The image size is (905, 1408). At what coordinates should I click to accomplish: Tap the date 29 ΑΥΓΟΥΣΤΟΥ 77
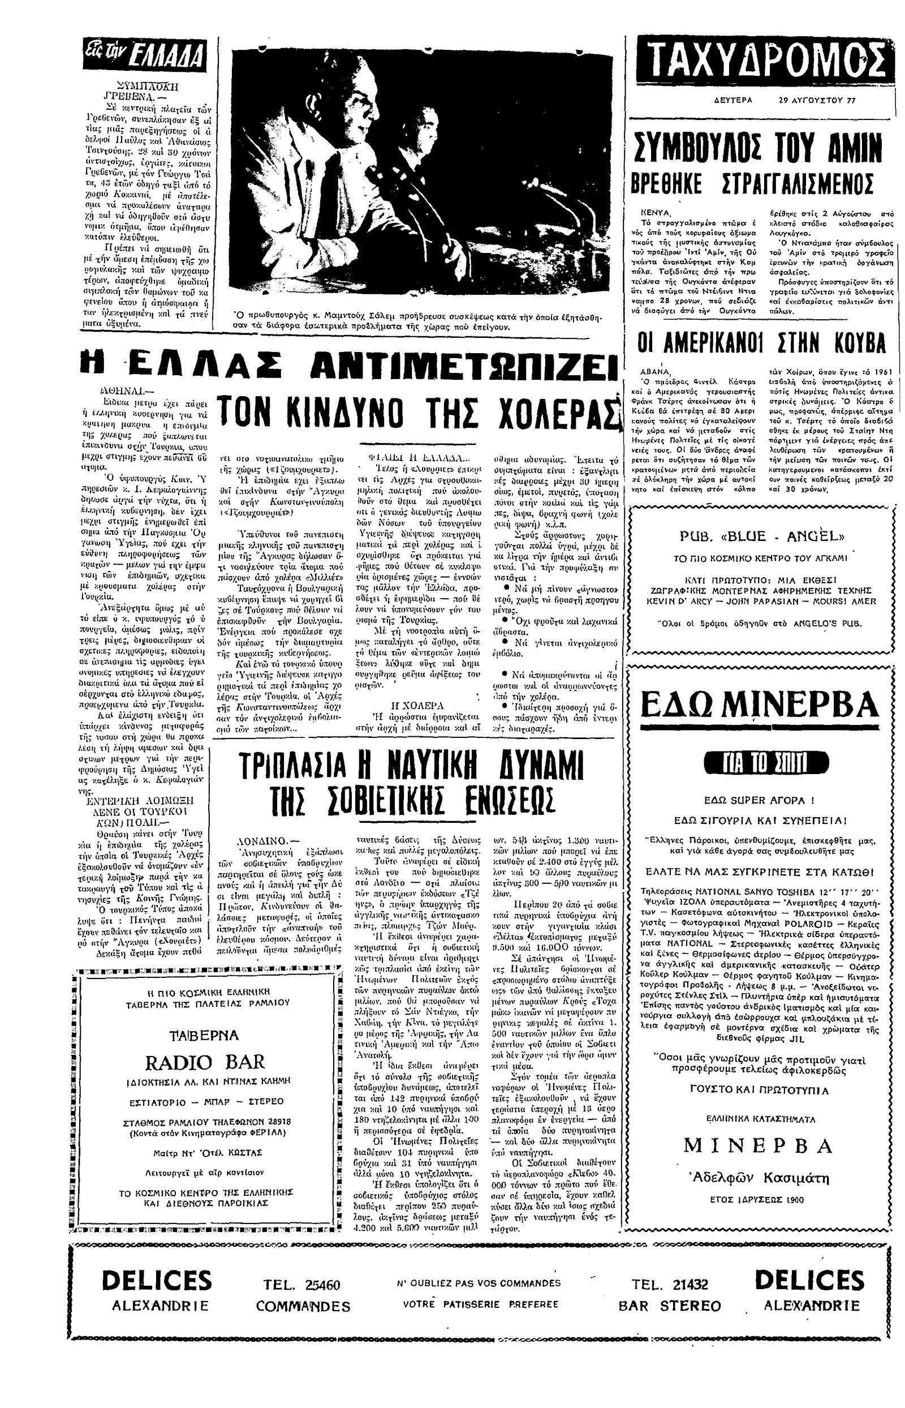(x=817, y=100)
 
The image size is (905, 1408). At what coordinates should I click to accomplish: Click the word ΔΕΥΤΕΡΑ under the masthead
(x=732, y=100)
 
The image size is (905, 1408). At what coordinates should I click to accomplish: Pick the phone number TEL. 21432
(x=670, y=1285)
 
